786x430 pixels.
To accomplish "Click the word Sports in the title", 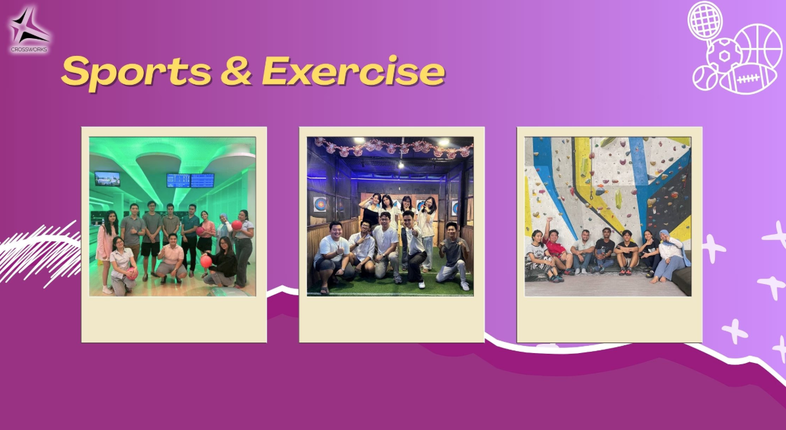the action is coord(136,72).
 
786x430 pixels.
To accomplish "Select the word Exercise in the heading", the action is coord(354,70).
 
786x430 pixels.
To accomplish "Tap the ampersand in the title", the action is coord(236,71).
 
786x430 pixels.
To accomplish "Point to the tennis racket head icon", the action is coord(705,20).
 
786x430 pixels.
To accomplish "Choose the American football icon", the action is coord(748,80).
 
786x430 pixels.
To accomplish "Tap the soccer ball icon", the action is coord(724,56).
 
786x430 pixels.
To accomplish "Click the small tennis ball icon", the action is coord(705,78).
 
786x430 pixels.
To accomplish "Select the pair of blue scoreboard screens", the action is coord(190,181).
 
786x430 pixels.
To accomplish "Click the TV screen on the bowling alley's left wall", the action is coord(107,179).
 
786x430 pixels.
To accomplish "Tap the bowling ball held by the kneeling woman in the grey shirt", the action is coord(132,273).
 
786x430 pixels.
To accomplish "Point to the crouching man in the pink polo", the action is coord(171,259).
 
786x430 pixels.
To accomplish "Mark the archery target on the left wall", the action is coord(319,204).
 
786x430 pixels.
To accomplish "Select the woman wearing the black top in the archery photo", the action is coord(371,211).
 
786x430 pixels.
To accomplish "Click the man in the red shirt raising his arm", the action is coord(557,248).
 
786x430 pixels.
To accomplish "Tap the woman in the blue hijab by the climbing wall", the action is coord(671,256).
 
